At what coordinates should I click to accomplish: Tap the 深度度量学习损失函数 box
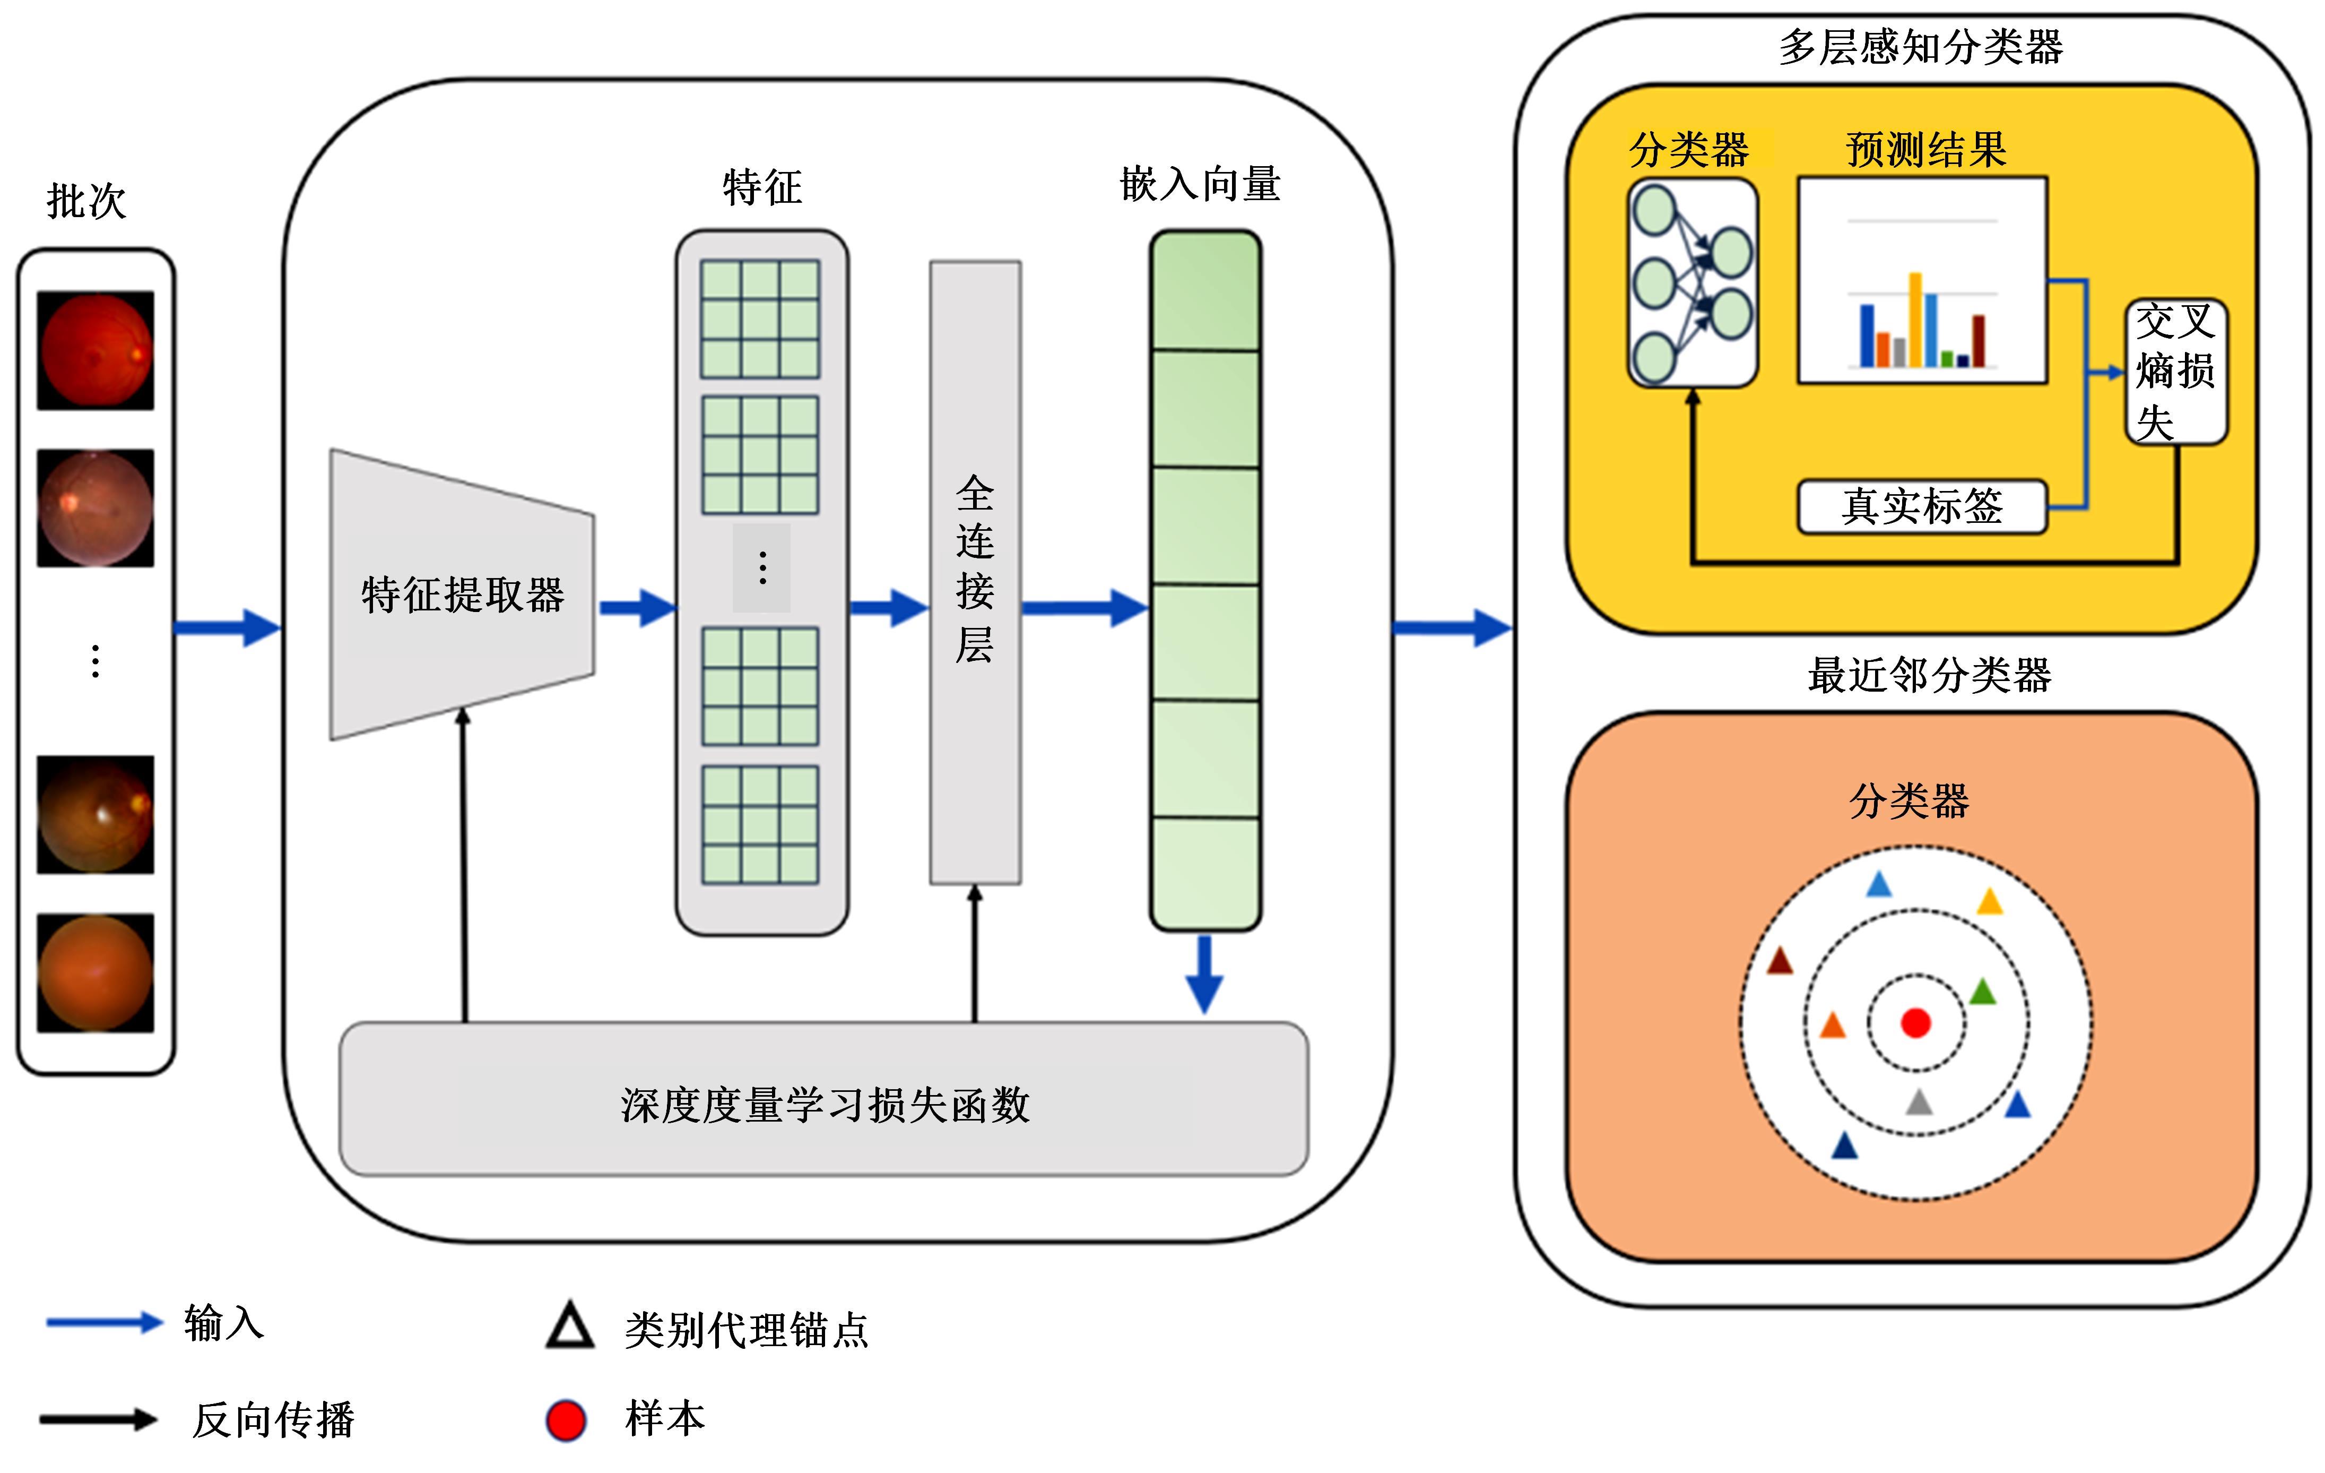tap(823, 1100)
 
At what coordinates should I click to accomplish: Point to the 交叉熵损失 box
tap(2175, 372)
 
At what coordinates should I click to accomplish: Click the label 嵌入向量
tap(1200, 184)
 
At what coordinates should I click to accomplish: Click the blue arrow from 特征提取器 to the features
tap(637, 608)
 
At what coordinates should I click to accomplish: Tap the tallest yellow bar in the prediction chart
tap(1915, 318)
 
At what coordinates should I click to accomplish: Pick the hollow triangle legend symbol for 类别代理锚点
tap(570, 1326)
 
